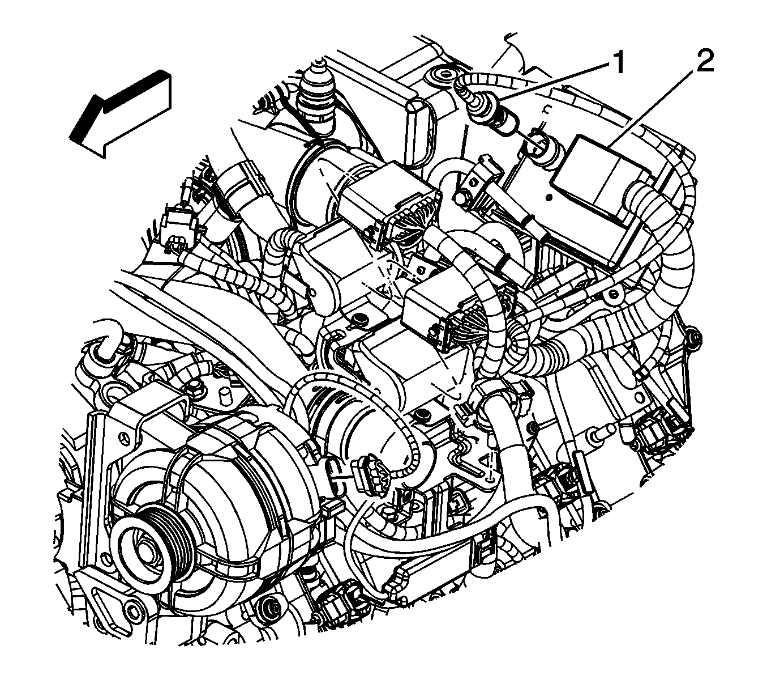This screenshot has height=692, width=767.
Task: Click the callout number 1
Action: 618,63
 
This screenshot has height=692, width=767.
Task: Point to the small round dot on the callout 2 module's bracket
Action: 549,198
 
